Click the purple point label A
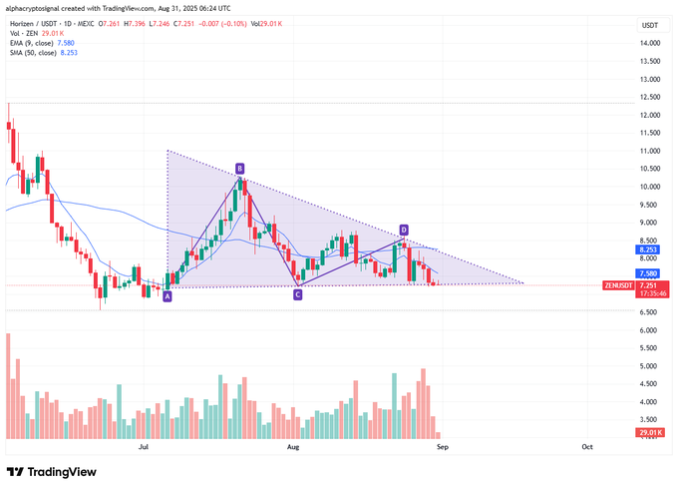tap(168, 296)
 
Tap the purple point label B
tap(239, 169)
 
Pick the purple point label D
tap(404, 230)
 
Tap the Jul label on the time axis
tap(146, 448)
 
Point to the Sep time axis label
tap(443, 448)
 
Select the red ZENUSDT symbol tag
tap(618, 285)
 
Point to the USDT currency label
tap(650, 24)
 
